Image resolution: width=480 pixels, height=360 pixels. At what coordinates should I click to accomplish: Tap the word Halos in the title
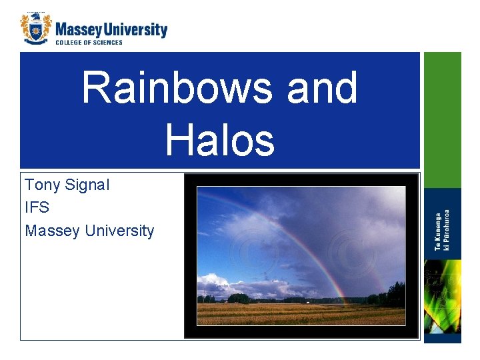point(219,140)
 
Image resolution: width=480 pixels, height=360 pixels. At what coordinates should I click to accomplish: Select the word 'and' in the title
point(322,88)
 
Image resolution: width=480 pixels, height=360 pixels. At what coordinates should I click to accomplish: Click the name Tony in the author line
point(43,185)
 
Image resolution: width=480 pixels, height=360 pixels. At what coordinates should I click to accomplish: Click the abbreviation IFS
point(37,208)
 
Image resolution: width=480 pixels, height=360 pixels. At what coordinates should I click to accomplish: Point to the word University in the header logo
point(136,29)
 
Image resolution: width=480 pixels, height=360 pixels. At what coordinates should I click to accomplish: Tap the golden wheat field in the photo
point(300,315)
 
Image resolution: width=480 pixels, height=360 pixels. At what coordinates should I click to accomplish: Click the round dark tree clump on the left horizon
point(238,298)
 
